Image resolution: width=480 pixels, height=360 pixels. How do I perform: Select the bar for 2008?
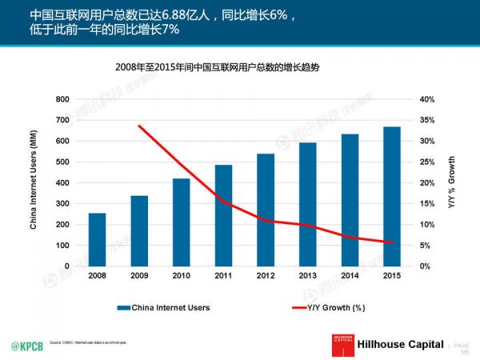(97, 239)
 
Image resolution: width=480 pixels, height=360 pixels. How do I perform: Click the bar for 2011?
(223, 215)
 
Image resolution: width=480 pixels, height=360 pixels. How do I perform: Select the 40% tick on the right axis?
(426, 99)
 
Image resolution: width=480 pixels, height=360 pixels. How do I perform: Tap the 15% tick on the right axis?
(426, 203)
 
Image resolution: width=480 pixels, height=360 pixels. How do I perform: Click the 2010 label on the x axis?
(181, 276)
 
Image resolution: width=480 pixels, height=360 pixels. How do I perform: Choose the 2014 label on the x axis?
(350, 276)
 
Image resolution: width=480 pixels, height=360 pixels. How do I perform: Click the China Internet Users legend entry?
(163, 306)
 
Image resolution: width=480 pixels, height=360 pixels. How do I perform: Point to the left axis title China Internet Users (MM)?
(34, 182)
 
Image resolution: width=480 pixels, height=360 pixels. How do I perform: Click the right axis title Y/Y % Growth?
(451, 182)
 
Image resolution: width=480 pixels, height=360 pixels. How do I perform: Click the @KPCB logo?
(26, 345)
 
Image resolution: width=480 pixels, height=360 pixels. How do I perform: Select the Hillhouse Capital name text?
(400, 344)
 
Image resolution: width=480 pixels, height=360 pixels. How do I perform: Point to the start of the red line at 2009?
(139, 126)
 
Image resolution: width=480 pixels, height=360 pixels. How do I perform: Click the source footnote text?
(88, 342)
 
